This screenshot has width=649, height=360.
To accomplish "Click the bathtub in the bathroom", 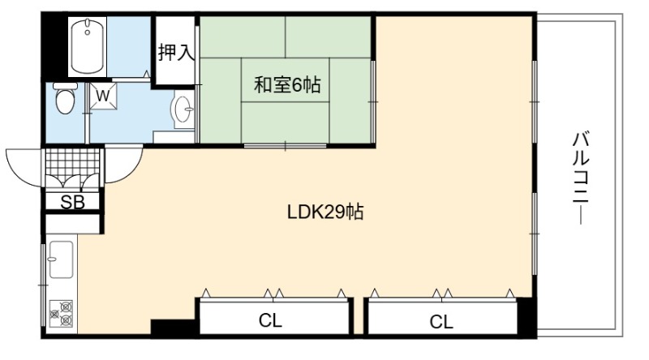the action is pyautogui.click(x=88, y=47).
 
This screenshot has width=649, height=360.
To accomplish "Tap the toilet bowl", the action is pyautogui.click(x=65, y=98).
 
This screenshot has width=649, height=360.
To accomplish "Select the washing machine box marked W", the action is pyautogui.click(x=103, y=96).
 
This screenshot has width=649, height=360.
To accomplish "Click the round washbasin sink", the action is pyautogui.click(x=183, y=109).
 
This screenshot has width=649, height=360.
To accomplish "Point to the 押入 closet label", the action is pyautogui.click(x=176, y=52).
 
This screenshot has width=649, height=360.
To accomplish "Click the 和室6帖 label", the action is pyautogui.click(x=287, y=85).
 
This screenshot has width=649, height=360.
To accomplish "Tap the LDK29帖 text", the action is pyautogui.click(x=326, y=212).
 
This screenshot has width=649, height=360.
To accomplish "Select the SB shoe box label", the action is pyautogui.click(x=72, y=203).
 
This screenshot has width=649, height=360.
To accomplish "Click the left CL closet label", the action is pyautogui.click(x=270, y=320).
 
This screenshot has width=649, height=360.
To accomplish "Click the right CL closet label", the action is pyautogui.click(x=441, y=321).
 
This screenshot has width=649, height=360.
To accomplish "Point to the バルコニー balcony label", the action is pyautogui.click(x=581, y=178).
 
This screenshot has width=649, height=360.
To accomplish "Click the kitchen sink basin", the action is pyautogui.click(x=61, y=259).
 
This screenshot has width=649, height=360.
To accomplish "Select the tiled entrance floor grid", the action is pyautogui.click(x=72, y=161).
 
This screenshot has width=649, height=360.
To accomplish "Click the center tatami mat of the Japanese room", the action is pyautogui.click(x=286, y=79).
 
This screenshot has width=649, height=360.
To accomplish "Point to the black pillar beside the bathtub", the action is pyautogui.click(x=54, y=46).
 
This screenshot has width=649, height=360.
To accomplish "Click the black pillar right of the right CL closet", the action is pyautogui.click(x=527, y=317).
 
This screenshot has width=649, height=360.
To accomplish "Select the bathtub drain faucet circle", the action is pyautogui.click(x=88, y=32).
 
